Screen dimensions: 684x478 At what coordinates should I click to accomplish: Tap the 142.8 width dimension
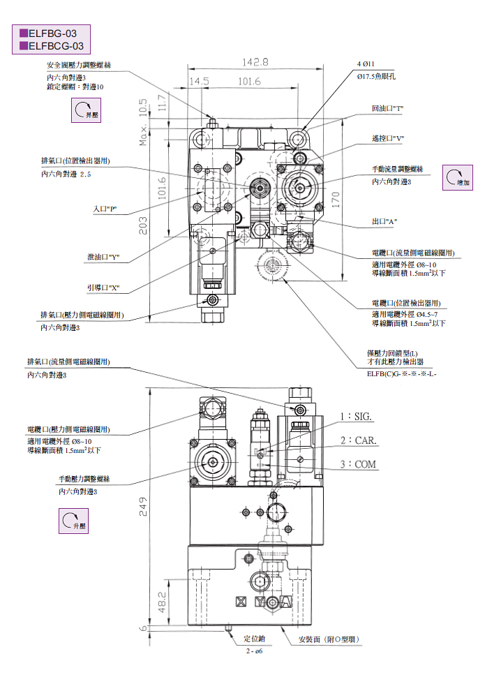tap(255, 62)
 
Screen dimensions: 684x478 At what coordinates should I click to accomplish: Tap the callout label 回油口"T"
tap(388, 109)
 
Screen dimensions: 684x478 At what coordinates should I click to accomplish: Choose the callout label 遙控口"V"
tap(388, 138)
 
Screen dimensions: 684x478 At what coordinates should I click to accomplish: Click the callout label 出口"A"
tap(384, 222)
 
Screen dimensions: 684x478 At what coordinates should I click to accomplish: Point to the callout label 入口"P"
tap(104, 209)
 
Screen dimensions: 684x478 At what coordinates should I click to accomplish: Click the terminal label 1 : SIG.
tap(357, 417)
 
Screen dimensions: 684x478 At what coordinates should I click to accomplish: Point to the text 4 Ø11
tap(366, 64)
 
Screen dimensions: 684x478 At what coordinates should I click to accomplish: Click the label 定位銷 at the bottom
tap(254, 639)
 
